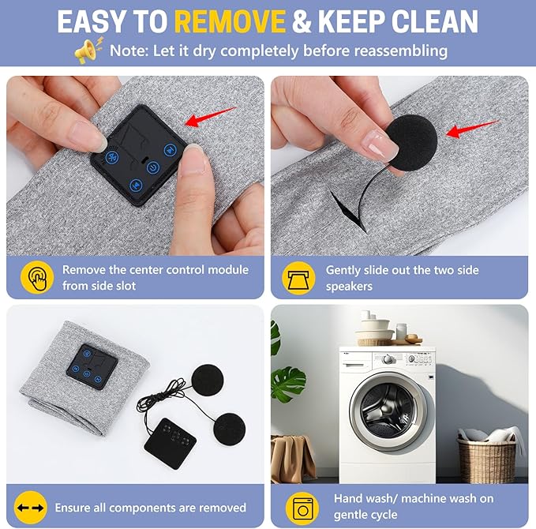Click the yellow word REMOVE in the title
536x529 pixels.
230,21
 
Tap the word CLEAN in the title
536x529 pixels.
434,21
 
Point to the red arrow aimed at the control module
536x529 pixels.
210,117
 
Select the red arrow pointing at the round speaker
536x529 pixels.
473,129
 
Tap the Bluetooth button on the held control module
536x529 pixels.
112,157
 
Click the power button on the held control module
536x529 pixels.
153,167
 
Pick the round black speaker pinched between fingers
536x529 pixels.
412,143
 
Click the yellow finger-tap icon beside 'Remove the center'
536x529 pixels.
37,277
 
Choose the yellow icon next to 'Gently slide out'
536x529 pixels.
298,278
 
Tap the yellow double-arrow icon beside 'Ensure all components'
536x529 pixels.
31,508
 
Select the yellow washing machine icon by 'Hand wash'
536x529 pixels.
302,508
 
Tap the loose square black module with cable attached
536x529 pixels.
170,443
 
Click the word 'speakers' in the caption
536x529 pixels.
349,287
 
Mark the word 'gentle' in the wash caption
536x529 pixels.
352,515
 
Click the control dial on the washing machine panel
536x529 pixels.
387,359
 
